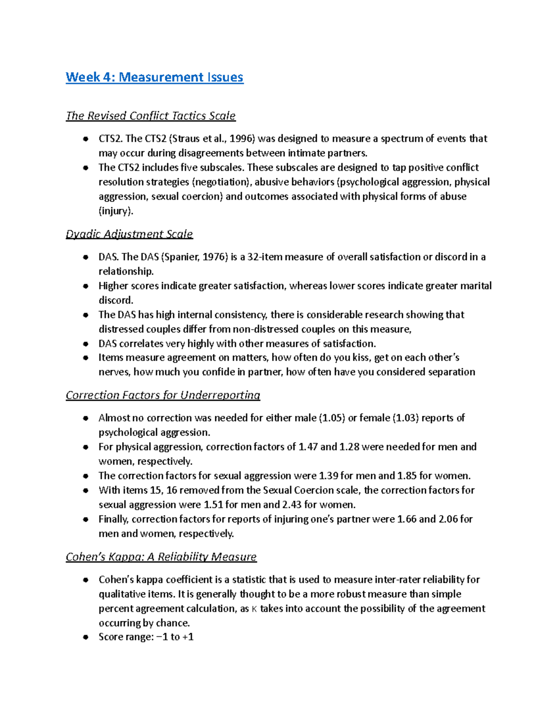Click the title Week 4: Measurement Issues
pyautogui.click(x=154, y=77)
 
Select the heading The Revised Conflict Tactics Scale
pyautogui.click(x=150, y=116)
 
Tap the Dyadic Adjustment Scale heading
pyautogui.click(x=129, y=234)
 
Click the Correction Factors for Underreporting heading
pyautogui.click(x=163, y=395)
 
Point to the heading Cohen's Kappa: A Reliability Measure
pyautogui.click(x=161, y=557)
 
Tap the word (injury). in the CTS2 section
pyautogui.click(x=116, y=211)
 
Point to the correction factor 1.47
pyautogui.click(x=308, y=447)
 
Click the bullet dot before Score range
pyautogui.click(x=85, y=637)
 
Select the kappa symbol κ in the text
pyautogui.click(x=254, y=609)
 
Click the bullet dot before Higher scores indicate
pyautogui.click(x=85, y=286)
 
